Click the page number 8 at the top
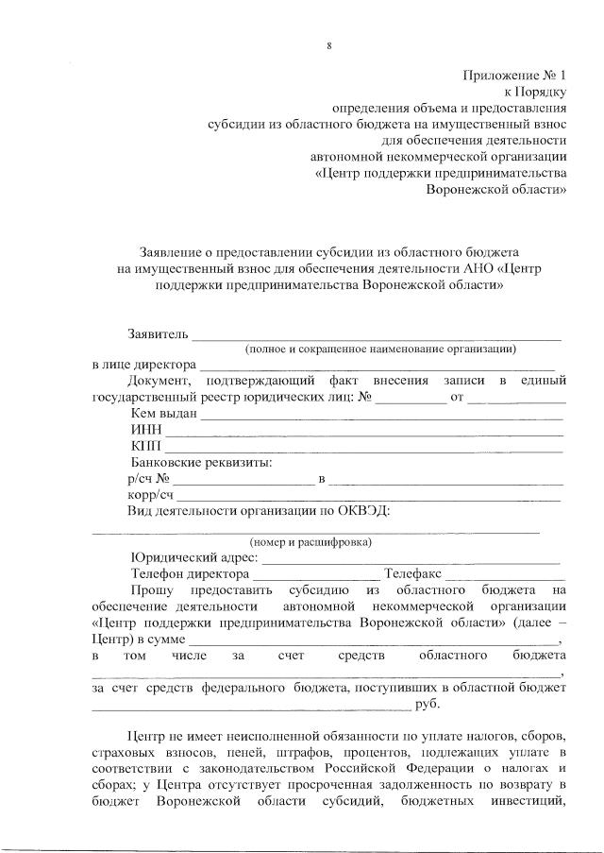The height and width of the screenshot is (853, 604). pos(328,45)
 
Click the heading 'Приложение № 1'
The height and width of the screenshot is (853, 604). pos(514,75)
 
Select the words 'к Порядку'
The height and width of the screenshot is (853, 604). pos(535,92)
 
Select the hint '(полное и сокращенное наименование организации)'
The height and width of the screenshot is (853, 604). pos(380,349)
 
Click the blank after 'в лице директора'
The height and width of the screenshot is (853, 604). pos(377,365)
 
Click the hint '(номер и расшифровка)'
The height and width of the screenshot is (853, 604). pos(310,542)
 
